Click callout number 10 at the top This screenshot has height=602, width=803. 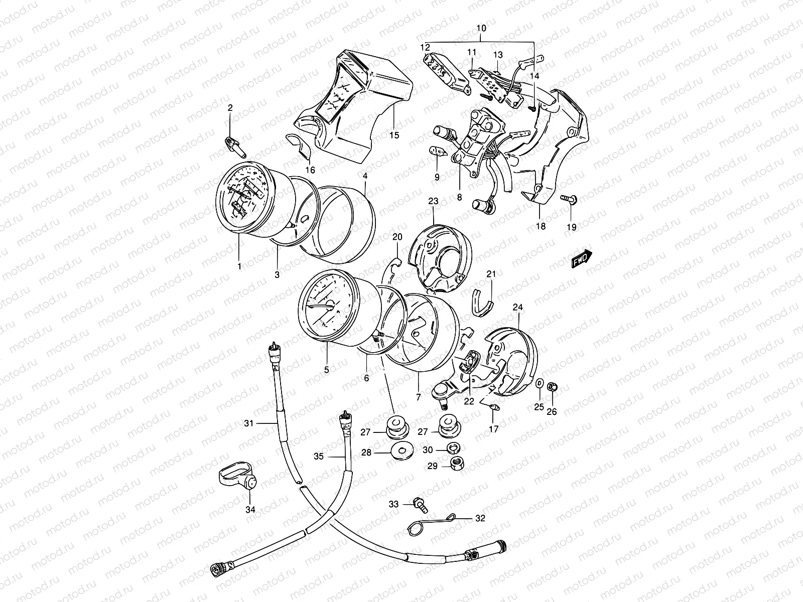click(x=481, y=29)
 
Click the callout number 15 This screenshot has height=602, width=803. click(x=394, y=149)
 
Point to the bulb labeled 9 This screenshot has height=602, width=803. click(x=435, y=152)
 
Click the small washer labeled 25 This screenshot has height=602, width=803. click(x=539, y=384)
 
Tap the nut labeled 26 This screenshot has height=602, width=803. click(x=552, y=387)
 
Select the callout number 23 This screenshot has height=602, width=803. click(x=433, y=201)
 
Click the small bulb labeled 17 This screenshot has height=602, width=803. click(x=493, y=407)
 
